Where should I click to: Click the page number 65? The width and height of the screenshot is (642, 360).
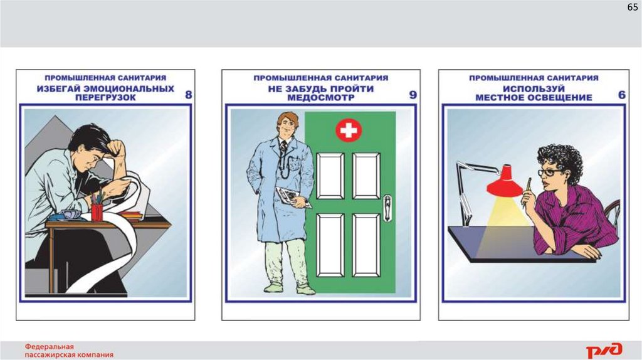(x=632, y=7)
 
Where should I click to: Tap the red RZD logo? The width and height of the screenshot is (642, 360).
(x=604, y=350)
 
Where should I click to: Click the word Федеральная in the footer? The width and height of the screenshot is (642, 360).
(x=50, y=346)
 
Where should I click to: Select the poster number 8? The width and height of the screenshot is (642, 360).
(x=188, y=95)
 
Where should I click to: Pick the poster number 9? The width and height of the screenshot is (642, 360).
(x=413, y=95)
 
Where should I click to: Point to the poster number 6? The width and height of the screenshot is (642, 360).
(x=621, y=95)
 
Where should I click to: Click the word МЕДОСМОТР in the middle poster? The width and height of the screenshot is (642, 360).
(x=320, y=98)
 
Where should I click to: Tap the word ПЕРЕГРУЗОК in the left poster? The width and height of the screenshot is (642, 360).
(x=105, y=98)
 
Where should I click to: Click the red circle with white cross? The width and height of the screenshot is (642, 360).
(x=349, y=130)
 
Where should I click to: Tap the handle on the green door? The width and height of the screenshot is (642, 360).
(x=387, y=208)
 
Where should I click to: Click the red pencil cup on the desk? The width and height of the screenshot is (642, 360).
(x=97, y=212)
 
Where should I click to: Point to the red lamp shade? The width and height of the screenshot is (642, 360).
(x=505, y=181)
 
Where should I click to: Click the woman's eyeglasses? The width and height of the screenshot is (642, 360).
(x=549, y=172)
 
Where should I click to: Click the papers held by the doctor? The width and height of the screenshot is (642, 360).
(x=292, y=196)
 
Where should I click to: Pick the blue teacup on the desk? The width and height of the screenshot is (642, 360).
(x=70, y=215)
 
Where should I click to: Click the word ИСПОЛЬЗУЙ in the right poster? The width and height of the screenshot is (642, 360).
(x=534, y=89)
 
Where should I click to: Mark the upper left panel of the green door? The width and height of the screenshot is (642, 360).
(x=330, y=176)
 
